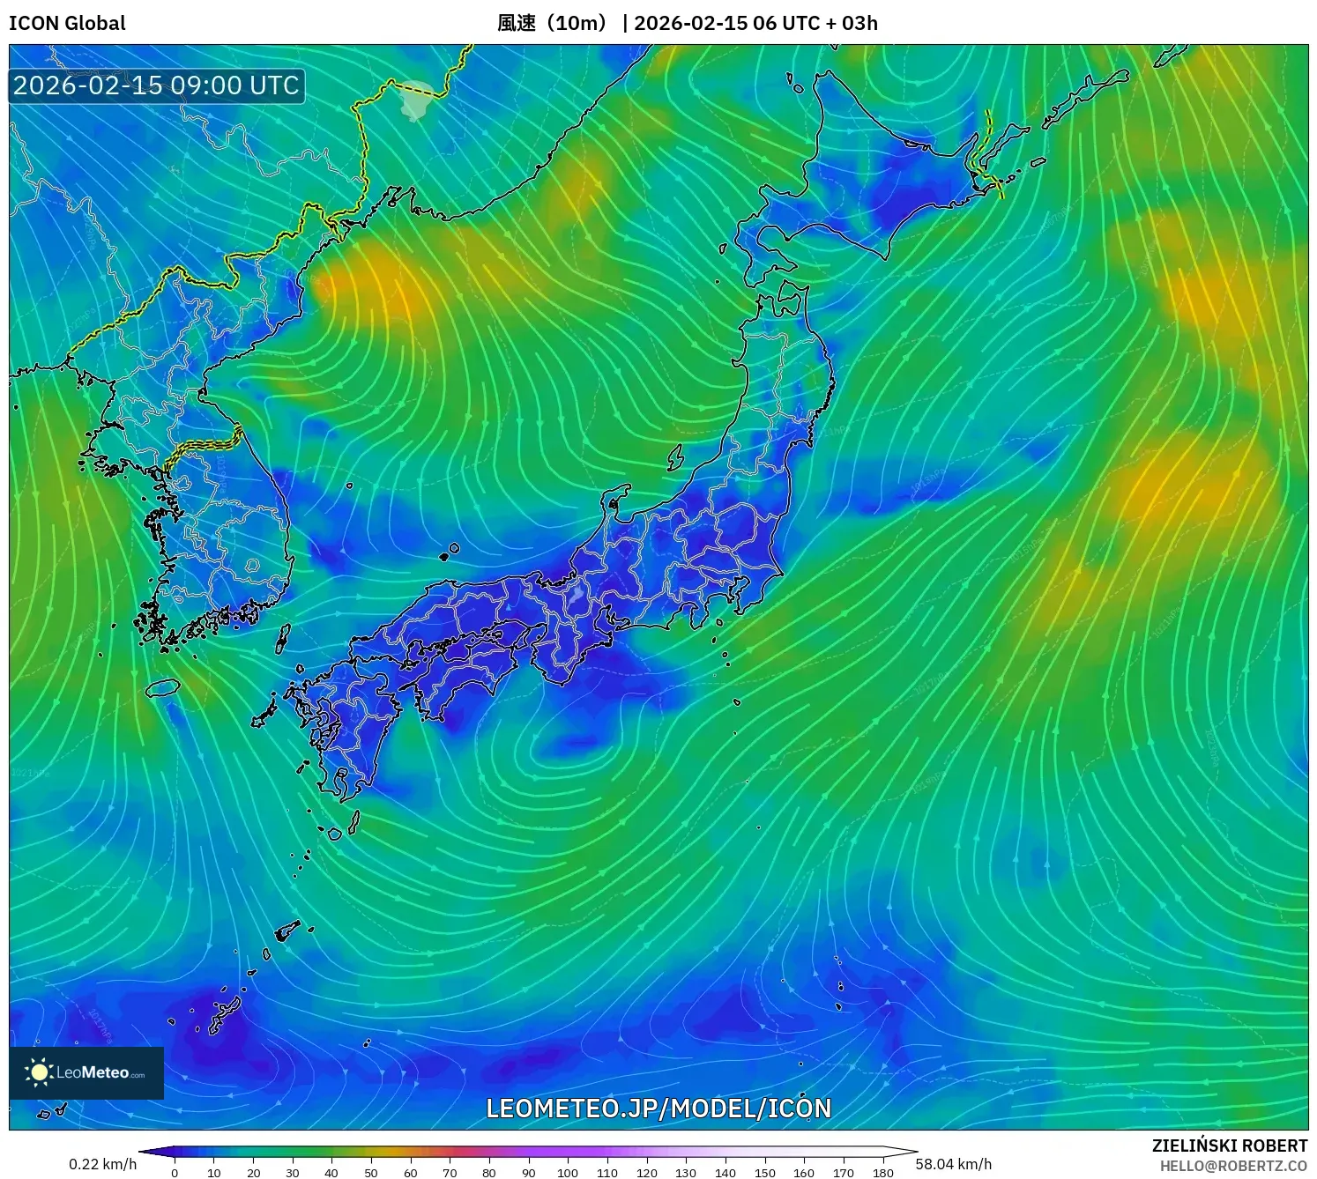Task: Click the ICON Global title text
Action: click(67, 23)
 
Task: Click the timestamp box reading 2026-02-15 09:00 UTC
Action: click(156, 85)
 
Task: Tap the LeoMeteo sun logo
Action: click(39, 1071)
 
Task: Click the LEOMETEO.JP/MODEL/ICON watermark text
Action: click(658, 1109)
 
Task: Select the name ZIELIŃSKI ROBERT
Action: click(1230, 1146)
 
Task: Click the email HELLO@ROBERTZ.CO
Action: click(1233, 1166)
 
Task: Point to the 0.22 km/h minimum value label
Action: click(102, 1164)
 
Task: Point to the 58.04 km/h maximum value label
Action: click(953, 1164)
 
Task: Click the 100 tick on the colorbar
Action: click(568, 1172)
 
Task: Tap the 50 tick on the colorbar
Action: click(371, 1172)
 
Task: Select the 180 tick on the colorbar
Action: click(882, 1172)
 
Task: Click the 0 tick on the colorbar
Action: click(175, 1172)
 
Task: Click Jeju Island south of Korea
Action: click(163, 686)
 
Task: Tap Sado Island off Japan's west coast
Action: click(676, 457)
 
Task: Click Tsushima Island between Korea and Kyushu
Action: click(283, 638)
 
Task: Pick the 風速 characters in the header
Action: click(516, 23)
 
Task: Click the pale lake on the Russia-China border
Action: click(414, 100)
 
